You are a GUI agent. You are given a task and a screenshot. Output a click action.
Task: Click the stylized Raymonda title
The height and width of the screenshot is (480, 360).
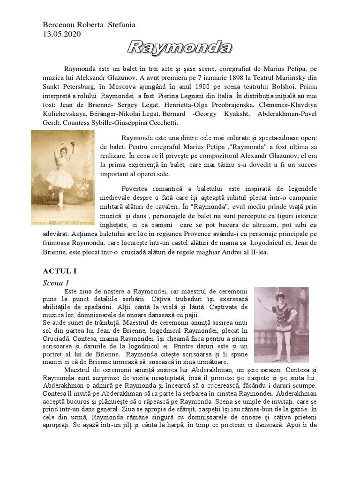[180, 47]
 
